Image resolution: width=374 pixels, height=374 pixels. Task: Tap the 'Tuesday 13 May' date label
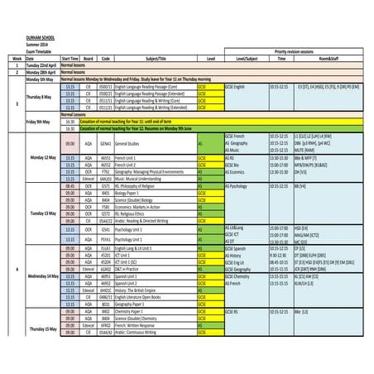pyautogui.click(x=42, y=213)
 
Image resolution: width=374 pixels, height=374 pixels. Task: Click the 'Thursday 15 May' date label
pyautogui.click(x=43, y=329)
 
